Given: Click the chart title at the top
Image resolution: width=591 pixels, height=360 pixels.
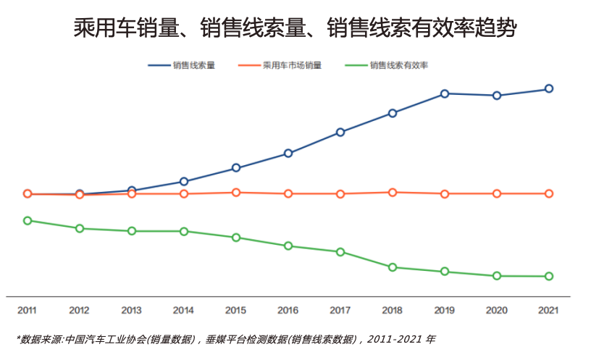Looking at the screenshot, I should click(x=295, y=28).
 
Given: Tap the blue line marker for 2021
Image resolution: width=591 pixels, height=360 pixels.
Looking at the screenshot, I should click(x=549, y=88).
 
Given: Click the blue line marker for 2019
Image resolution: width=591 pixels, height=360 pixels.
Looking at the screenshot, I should click(x=445, y=93).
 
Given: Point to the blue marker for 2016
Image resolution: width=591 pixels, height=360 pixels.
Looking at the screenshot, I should click(x=288, y=153).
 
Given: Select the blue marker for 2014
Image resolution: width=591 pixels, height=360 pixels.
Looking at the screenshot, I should click(x=184, y=181).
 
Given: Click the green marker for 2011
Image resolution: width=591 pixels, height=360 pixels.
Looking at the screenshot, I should click(x=28, y=220).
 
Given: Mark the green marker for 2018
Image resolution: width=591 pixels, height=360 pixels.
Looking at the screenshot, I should click(x=393, y=267).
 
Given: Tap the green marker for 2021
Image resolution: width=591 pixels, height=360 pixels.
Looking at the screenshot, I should click(x=549, y=276).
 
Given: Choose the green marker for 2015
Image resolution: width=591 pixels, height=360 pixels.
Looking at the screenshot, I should click(x=236, y=238).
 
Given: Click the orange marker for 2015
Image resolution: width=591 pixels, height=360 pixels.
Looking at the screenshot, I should click(x=236, y=192).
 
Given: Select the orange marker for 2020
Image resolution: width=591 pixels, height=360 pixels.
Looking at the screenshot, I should click(x=497, y=193).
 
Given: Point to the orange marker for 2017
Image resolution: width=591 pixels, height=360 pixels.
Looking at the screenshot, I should click(x=340, y=193).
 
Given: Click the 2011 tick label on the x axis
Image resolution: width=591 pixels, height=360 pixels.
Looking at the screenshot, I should click(x=28, y=310).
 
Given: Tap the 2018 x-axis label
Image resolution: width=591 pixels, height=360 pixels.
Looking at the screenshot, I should click(x=393, y=310).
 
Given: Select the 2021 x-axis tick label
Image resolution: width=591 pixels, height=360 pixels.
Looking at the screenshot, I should click(x=549, y=310).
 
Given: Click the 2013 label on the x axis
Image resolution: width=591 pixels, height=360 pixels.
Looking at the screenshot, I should click(x=132, y=310).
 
